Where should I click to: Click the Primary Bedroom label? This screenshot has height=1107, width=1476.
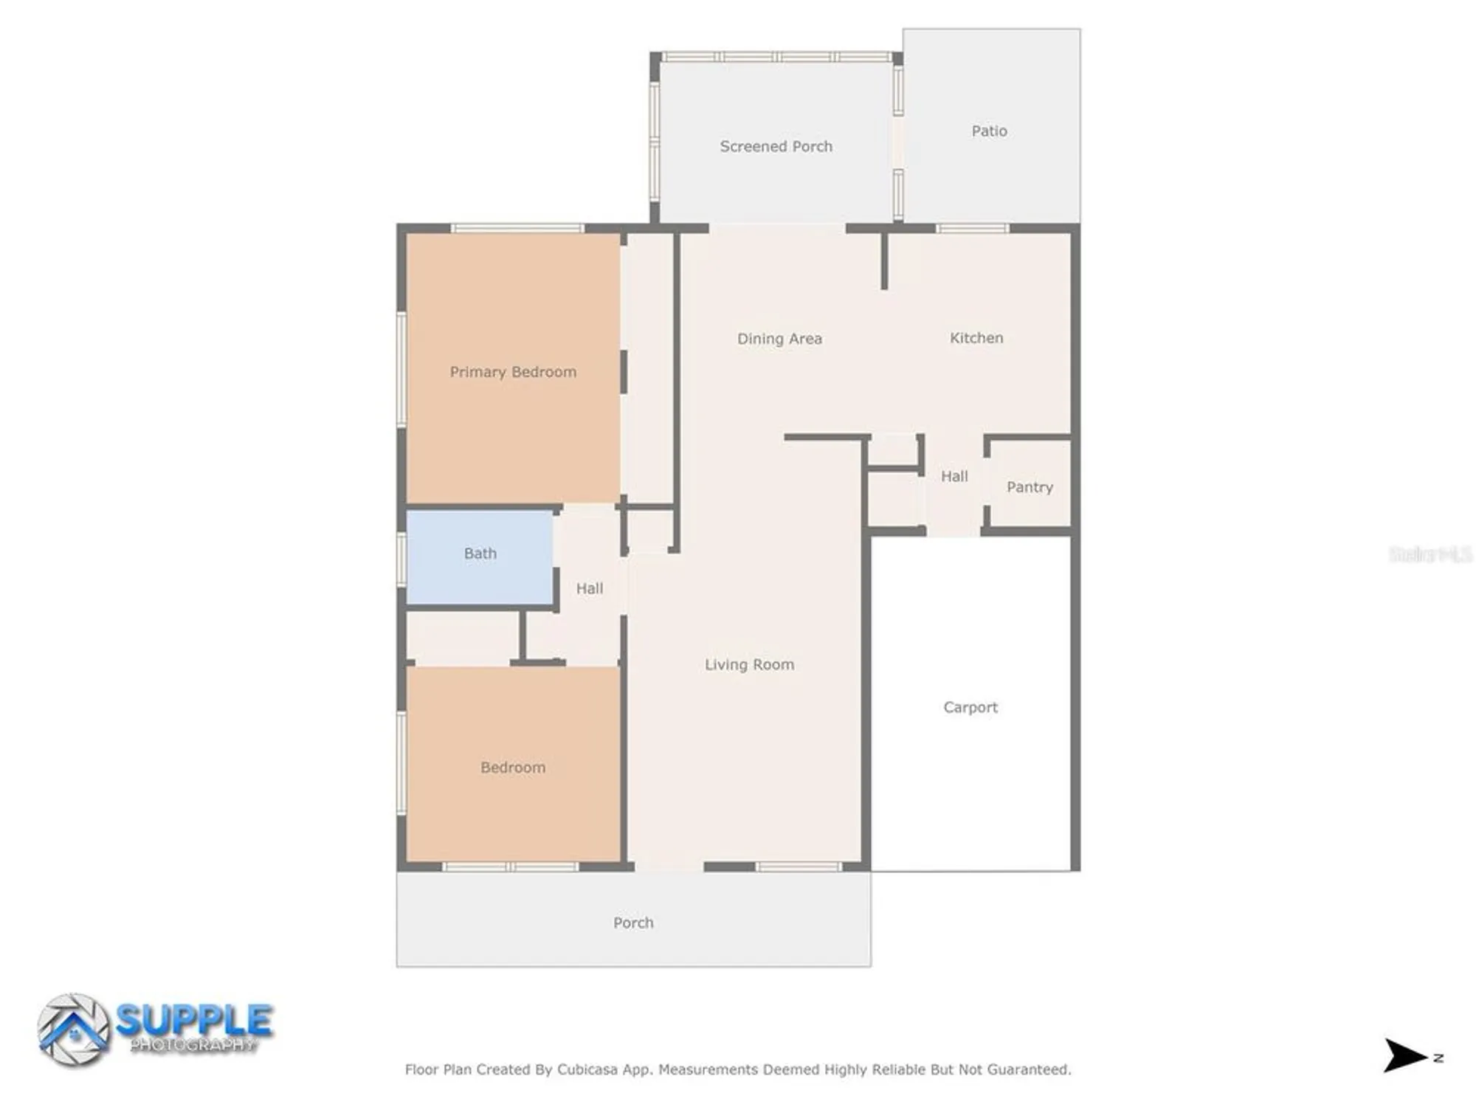(x=513, y=372)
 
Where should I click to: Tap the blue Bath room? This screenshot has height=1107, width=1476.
(x=480, y=557)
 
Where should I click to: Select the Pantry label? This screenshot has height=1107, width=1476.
(x=1030, y=487)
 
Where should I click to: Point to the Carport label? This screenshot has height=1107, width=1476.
(x=970, y=707)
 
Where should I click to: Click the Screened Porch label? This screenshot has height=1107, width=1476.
(x=776, y=147)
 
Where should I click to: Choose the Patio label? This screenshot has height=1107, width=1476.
(x=989, y=131)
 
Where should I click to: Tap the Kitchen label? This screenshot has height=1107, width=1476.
(x=976, y=338)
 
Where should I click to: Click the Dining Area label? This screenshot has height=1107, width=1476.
(x=779, y=339)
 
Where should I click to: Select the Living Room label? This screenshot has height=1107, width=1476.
(x=749, y=665)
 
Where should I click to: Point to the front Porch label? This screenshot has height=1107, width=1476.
(x=633, y=922)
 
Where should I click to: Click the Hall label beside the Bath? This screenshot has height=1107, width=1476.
(x=589, y=588)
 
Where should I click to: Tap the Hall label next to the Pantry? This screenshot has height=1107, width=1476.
(x=954, y=477)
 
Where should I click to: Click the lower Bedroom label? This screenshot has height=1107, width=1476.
(x=513, y=768)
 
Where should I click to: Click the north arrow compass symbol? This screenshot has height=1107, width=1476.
(x=1404, y=1055)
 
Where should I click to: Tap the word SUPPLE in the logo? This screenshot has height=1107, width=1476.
(x=194, y=1021)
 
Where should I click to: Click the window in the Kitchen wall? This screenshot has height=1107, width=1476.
(x=972, y=229)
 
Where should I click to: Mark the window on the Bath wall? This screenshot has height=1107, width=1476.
(x=402, y=559)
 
